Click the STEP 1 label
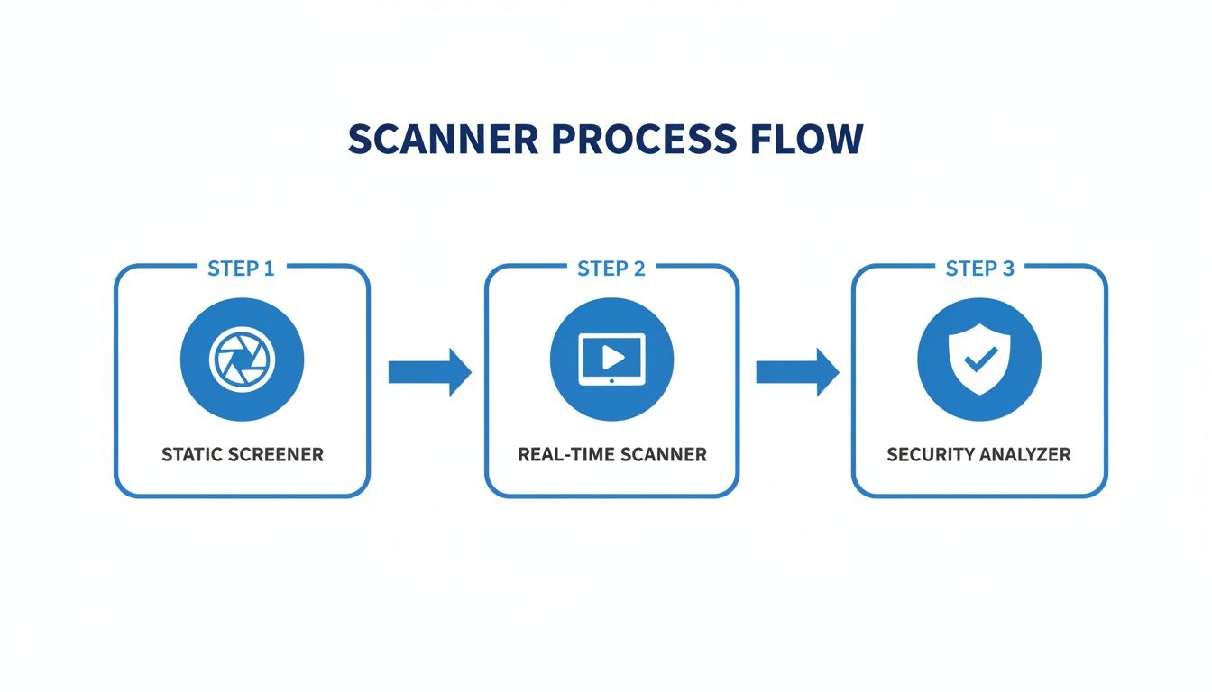(241, 269)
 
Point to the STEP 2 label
(611, 269)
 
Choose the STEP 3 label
(979, 269)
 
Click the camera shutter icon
(242, 360)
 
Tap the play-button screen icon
(611, 360)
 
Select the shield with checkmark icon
(979, 360)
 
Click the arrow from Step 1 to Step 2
(429, 372)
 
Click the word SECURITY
(930, 454)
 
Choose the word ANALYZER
(1026, 454)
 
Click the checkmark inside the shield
(978, 361)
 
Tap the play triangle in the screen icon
(613, 357)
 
